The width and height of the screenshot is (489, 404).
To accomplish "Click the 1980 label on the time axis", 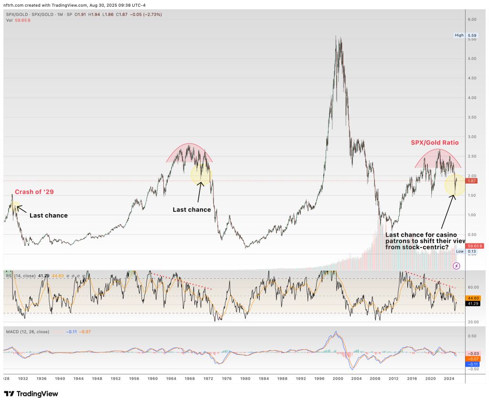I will tap(245, 378).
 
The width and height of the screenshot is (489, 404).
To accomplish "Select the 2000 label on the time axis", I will tap(338, 378).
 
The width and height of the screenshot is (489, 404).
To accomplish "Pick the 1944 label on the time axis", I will tap(78, 378).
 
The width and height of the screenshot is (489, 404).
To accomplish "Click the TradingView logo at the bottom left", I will tap(31, 394).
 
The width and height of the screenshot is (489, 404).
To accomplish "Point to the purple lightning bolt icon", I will tap(457, 265).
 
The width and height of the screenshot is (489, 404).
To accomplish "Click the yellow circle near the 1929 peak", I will tap(15, 207).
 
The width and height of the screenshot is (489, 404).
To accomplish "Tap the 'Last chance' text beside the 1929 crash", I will tap(49, 216).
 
